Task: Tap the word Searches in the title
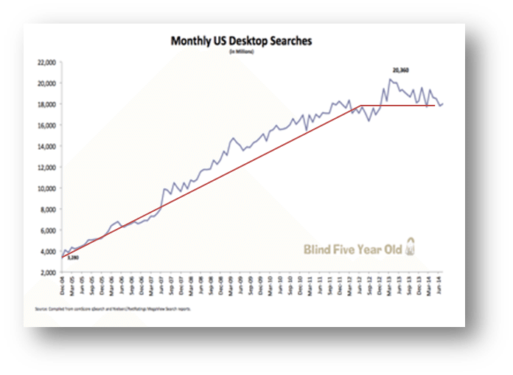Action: (x=287, y=42)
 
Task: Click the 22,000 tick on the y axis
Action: (x=46, y=62)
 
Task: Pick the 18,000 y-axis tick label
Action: (x=46, y=104)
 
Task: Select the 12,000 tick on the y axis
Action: (x=46, y=167)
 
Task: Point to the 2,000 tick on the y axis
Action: (x=48, y=272)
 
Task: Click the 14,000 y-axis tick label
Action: (x=46, y=146)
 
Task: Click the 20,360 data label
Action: (x=400, y=71)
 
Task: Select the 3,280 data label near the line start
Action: (x=71, y=258)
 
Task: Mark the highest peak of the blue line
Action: (x=391, y=79)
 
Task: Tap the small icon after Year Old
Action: (x=411, y=249)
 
